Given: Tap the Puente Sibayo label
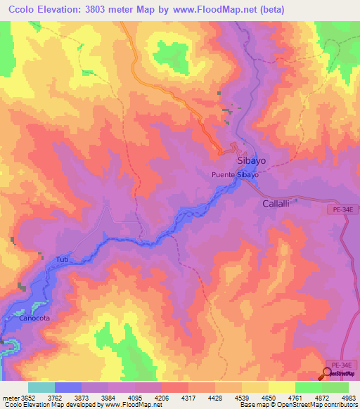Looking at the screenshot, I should coord(236,174).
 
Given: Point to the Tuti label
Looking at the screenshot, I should coord(63,260).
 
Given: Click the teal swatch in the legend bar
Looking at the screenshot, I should coord(41,387).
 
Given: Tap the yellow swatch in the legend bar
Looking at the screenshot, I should coord(282,387).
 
